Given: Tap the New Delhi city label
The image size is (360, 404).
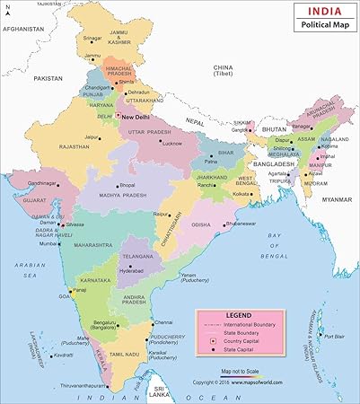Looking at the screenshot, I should (140, 117).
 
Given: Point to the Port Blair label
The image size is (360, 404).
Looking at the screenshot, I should (334, 337).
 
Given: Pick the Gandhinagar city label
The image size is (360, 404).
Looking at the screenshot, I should (41, 182).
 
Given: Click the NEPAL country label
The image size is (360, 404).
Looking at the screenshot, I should (196, 119).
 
